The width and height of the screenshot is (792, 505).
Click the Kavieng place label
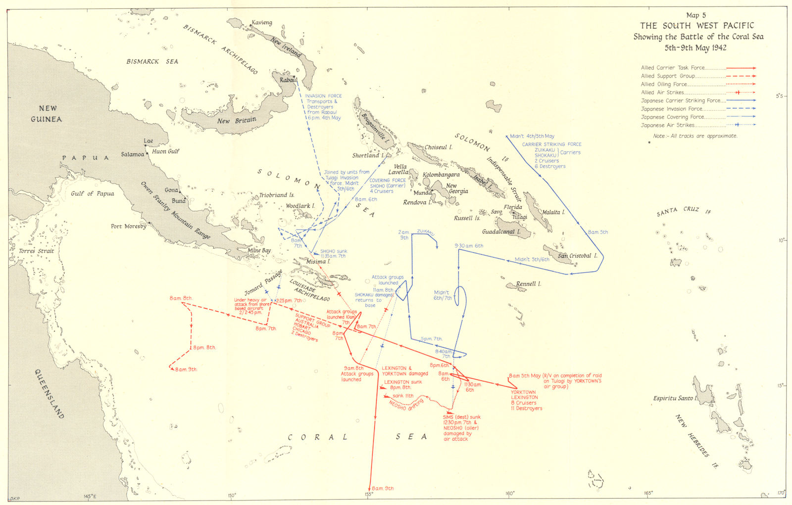[262, 23]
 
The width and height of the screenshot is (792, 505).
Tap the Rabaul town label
[289, 80]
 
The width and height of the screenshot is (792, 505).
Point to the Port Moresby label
[129, 227]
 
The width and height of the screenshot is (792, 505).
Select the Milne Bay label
[259, 251]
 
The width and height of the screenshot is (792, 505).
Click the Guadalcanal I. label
[501, 231]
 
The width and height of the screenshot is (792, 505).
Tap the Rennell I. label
[529, 284]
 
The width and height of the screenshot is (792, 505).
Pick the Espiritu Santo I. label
[675, 398]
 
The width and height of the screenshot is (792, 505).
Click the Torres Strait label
[36, 251]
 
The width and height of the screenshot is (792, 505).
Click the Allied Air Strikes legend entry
[662, 92]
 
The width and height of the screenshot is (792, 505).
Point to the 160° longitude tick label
[510, 493]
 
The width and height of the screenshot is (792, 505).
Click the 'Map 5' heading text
[696, 15]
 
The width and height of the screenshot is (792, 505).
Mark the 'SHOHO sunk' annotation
[334, 251]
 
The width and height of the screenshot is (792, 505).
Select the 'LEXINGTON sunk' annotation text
[403, 382]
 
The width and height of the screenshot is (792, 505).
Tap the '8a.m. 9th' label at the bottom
[383, 489]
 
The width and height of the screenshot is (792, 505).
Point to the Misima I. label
[318, 261]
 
